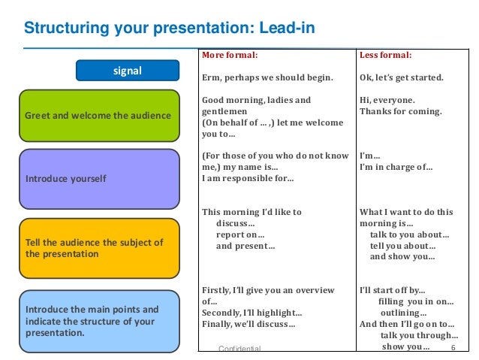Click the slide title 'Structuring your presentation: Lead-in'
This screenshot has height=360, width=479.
click(169, 29)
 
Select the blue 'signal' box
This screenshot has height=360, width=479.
click(127, 71)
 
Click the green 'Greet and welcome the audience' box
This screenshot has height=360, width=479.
click(98, 116)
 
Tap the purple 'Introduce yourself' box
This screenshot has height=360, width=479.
click(98, 179)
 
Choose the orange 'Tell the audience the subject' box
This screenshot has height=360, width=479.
click(98, 248)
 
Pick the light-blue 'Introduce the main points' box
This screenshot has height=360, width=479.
click(98, 320)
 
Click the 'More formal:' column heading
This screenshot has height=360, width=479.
click(230, 55)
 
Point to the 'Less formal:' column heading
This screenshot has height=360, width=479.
click(386, 55)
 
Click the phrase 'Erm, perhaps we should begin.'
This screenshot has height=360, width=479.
click(267, 77)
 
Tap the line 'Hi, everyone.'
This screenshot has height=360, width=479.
click(387, 100)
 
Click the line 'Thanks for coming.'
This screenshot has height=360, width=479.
click(401, 111)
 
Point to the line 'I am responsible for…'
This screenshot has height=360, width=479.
click(248, 178)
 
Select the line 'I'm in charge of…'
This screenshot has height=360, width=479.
click(396, 167)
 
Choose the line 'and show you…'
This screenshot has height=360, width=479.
click(402, 256)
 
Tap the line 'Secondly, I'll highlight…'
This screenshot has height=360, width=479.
click(252, 313)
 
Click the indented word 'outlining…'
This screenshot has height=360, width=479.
click(404, 313)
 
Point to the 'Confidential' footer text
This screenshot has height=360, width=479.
click(239, 349)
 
